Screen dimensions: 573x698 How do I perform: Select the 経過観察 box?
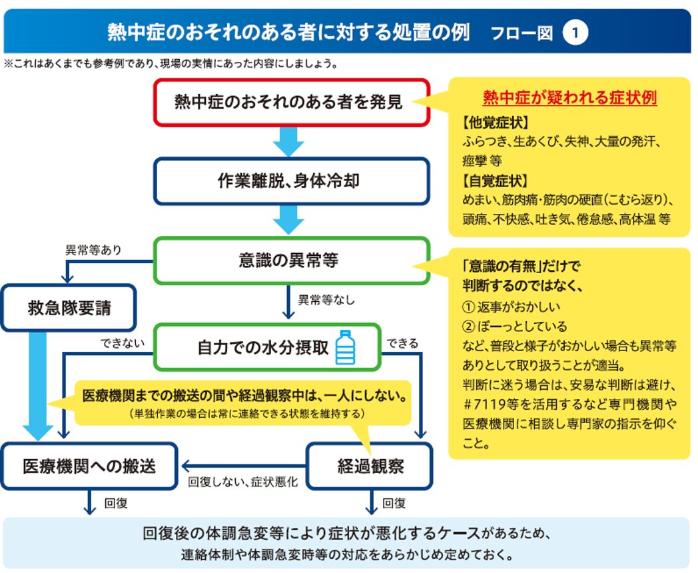click(x=370, y=466)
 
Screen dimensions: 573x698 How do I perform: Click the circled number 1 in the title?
click(x=575, y=32)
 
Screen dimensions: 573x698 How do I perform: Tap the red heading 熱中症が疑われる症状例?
click(x=570, y=98)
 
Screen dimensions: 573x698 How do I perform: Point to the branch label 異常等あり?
click(x=93, y=251)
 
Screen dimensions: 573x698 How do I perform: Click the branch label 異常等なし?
click(x=326, y=300)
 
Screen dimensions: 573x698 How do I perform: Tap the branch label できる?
click(x=402, y=343)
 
